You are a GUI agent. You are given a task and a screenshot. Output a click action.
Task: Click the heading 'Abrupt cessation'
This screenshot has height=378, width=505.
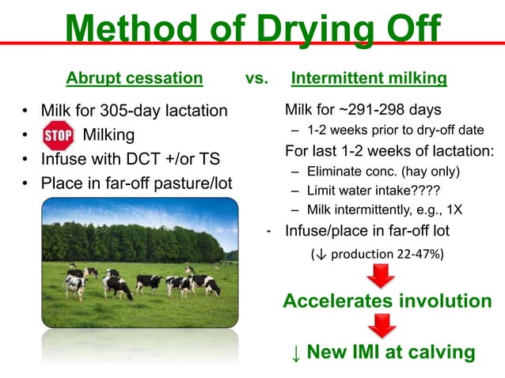point(134,78)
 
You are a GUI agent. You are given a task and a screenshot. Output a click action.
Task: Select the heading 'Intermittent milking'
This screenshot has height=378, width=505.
point(369,78)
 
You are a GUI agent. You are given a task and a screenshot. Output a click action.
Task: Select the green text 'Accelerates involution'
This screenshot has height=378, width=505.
point(387,301)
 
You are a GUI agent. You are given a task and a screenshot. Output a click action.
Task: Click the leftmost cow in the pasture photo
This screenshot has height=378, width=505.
point(75,283)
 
